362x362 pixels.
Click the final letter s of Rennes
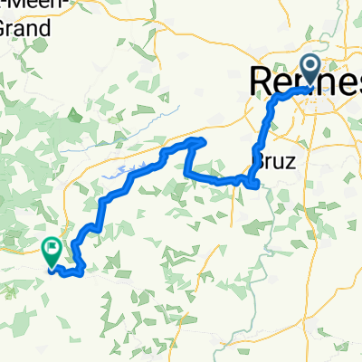pos(355,81)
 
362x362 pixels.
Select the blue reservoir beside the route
pos(127,172)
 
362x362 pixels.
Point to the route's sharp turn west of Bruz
pos(187,171)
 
